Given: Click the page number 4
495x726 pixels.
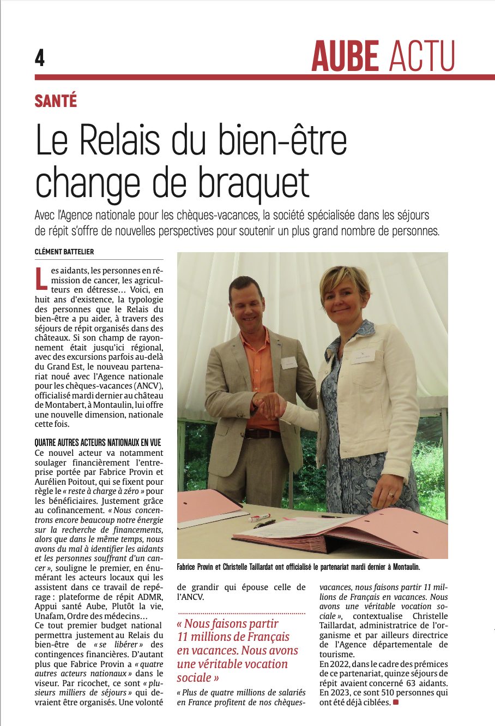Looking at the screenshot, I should pos(40,57).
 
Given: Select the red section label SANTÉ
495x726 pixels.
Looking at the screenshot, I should pos(56,101).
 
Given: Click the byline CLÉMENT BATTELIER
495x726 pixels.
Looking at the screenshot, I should pos(64,251).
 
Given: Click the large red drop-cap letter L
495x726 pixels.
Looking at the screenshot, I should pos(41,278).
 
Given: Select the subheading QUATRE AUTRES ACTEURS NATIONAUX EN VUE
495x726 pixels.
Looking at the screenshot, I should pos(98,443).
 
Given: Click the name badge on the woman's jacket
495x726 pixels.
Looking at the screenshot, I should pos(362,356).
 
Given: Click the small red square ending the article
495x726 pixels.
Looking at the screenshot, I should pos(396,702).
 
